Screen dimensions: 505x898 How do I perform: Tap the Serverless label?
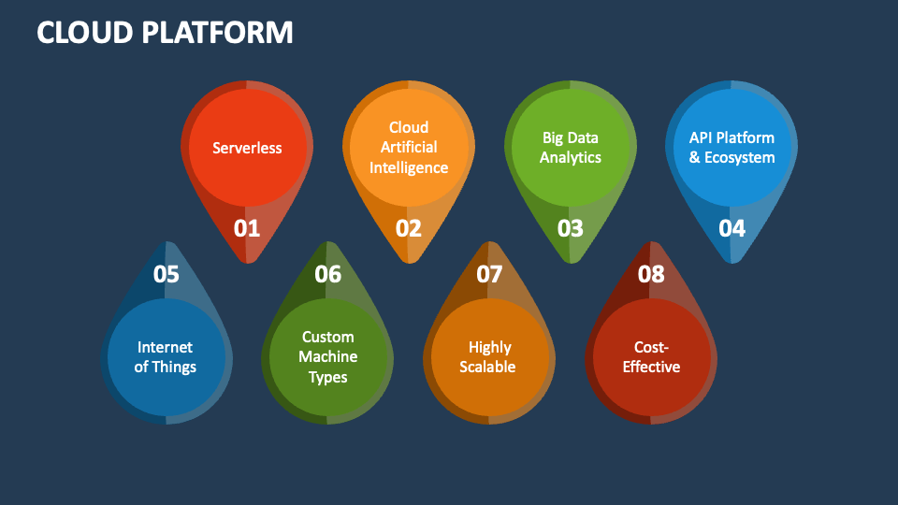click(247, 148)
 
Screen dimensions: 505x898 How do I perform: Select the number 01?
click(247, 228)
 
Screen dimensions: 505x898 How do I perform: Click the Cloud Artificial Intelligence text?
click(409, 148)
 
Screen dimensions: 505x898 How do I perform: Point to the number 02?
click(409, 228)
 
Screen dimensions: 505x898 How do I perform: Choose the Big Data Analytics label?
click(571, 148)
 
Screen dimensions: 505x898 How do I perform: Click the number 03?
click(571, 228)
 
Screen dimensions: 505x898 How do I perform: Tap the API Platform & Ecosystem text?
click(731, 148)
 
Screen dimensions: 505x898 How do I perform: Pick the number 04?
click(731, 228)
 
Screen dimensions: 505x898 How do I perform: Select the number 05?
click(166, 274)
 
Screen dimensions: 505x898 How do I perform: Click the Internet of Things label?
click(166, 357)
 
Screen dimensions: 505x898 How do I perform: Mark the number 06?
click(327, 274)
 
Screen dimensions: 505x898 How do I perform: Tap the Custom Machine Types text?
click(327, 357)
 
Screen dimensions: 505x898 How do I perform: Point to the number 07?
click(489, 274)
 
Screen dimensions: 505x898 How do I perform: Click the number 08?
click(651, 274)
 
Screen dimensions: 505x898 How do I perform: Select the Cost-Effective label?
click(651, 357)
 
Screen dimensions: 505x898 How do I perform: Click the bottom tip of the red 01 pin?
click(247, 262)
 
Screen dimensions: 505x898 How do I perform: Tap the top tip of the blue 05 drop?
click(166, 242)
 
